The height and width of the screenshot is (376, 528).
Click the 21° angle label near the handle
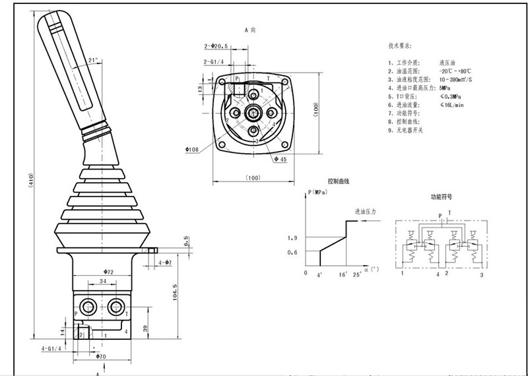point(93,60)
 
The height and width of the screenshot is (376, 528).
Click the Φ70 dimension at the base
point(100,356)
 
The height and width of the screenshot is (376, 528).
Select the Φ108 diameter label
point(193,149)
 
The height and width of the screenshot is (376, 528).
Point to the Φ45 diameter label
point(280,159)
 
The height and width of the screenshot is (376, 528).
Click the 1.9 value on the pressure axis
point(294,238)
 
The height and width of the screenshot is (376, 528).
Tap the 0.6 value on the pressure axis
point(294,252)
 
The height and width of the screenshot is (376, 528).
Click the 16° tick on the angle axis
point(343,272)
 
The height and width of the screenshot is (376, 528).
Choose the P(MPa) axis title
point(319,193)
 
